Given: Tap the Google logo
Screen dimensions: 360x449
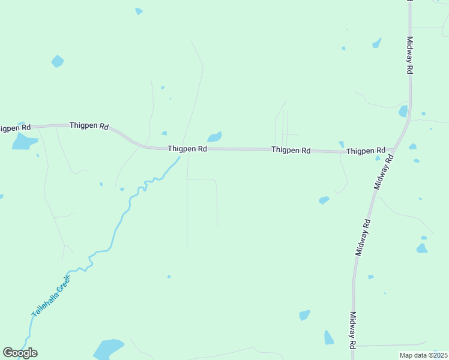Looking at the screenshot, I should pyautogui.click(x=20, y=353).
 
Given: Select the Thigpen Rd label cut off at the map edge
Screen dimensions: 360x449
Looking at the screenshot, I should pyautogui.click(x=15, y=128).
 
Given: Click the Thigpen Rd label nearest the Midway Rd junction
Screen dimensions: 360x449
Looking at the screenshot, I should pyautogui.click(x=366, y=151).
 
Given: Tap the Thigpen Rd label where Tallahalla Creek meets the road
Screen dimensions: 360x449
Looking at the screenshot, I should pyautogui.click(x=187, y=148).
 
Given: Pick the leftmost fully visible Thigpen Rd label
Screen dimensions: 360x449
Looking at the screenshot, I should pyautogui.click(x=89, y=126).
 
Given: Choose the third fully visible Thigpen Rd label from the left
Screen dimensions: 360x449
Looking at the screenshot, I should pyautogui.click(x=291, y=150).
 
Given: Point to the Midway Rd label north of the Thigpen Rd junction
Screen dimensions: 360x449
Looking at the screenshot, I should pyautogui.click(x=410, y=56).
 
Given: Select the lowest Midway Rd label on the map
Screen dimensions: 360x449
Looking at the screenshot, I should pyautogui.click(x=353, y=329).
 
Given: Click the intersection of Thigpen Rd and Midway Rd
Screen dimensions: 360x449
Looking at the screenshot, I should pyautogui.click(x=394, y=149).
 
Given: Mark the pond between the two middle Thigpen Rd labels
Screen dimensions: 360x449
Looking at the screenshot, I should pyautogui.click(x=214, y=137).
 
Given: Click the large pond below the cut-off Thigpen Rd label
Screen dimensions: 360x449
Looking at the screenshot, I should pyautogui.click(x=24, y=142).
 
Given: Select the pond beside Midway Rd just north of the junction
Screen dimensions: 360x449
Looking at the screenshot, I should pyautogui.click(x=403, y=111).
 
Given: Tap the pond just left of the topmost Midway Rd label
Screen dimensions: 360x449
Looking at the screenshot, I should pyautogui.click(x=376, y=43).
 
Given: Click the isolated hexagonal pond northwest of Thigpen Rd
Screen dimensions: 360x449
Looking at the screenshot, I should pyautogui.click(x=58, y=61).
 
